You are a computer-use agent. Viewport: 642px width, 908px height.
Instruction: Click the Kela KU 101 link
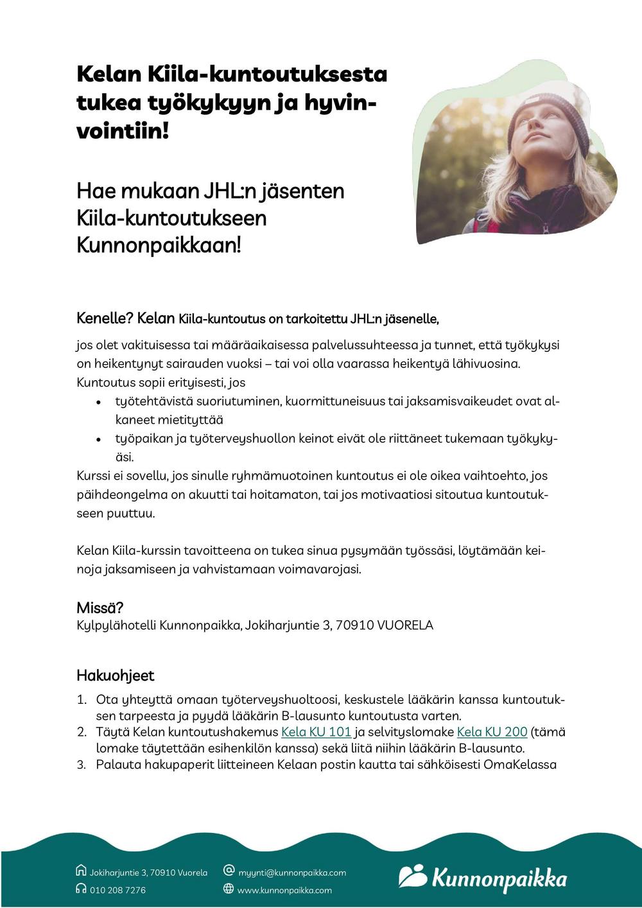click(316, 732)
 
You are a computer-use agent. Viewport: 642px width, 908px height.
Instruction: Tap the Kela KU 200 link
click(492, 732)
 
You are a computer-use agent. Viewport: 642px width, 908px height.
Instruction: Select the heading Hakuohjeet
click(116, 676)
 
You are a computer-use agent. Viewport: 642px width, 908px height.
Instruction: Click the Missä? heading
click(100, 607)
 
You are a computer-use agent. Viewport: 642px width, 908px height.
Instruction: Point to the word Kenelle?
click(105, 319)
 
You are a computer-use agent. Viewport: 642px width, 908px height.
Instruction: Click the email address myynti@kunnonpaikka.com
click(292, 873)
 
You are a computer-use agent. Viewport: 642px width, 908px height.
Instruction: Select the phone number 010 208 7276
click(117, 890)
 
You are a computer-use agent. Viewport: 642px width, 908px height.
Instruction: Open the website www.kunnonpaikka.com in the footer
click(284, 890)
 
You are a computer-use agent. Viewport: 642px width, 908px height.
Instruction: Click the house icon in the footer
click(81, 871)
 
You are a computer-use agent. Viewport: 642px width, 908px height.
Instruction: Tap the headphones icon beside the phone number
click(81, 889)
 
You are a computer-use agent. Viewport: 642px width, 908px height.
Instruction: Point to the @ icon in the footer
click(229, 871)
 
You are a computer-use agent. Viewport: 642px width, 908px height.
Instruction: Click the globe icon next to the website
click(229, 889)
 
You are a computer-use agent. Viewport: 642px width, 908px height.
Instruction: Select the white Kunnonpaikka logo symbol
click(412, 876)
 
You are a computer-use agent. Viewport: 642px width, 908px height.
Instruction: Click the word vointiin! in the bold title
click(123, 131)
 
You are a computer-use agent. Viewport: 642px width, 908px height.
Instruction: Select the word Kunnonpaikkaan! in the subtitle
click(159, 245)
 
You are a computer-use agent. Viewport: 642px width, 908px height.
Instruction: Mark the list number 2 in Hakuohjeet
click(82, 732)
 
